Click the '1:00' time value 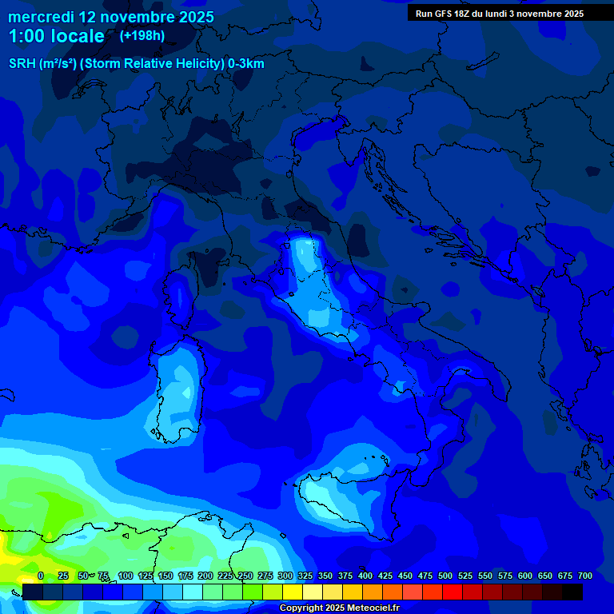coord(27,36)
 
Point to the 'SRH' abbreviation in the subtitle coord(22,64)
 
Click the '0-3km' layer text coord(246,64)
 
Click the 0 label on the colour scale coord(41,576)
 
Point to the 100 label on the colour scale coord(125,576)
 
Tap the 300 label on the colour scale coord(285,576)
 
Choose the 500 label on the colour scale coord(445,576)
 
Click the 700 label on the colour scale coord(584,576)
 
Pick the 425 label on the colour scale coord(385,576)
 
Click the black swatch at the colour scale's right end coord(572,592)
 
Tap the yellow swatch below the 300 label coord(293,592)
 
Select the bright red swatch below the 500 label coord(453,592)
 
